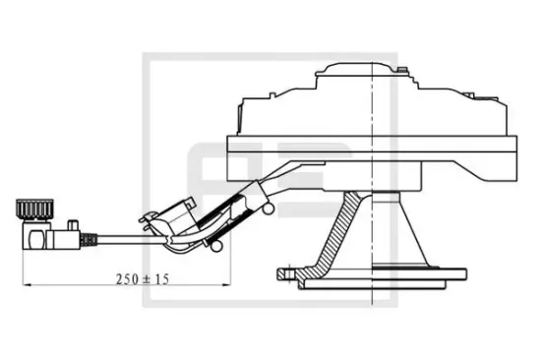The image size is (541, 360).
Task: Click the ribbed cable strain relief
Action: (x=89, y=239)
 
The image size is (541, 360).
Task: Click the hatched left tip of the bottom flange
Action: (x=286, y=270)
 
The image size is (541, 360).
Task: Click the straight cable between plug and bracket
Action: (x=128, y=241)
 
